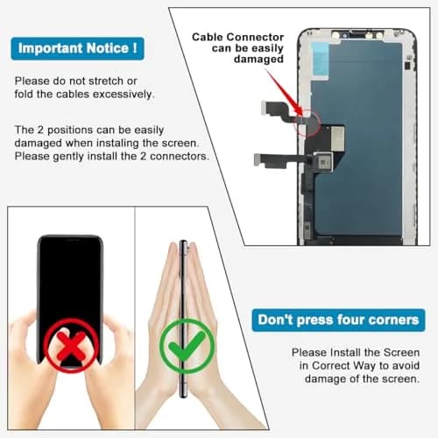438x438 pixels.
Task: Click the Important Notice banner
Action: pyautogui.click(x=78, y=48)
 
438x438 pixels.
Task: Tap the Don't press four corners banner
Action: pyautogui.click(x=338, y=320)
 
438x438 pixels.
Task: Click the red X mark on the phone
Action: pyautogui.click(x=71, y=346)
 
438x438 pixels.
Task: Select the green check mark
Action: pyautogui.click(x=187, y=346)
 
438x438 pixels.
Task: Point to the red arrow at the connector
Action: pyautogui.click(x=285, y=93)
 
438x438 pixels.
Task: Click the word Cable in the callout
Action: pyautogui.click(x=208, y=38)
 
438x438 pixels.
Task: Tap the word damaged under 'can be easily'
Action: pyautogui.click(x=258, y=60)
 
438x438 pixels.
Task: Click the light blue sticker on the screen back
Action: pyautogui.click(x=321, y=60)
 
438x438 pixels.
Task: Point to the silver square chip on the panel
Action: pyautogui.click(x=324, y=161)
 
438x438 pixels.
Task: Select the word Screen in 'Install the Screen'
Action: pyautogui.click(x=401, y=352)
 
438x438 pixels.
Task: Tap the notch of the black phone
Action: pyautogui.click(x=71, y=240)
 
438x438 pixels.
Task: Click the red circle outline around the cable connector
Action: pyautogui.click(x=320, y=123)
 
